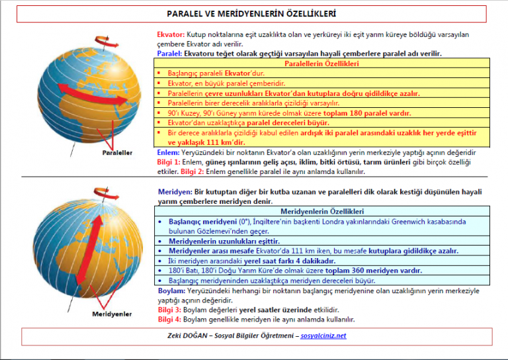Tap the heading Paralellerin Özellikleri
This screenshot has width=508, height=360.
pos(321,64)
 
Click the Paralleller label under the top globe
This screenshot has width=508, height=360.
pos(117,153)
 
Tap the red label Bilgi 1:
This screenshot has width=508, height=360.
pos(168,162)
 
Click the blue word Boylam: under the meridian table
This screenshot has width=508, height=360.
pos(171,291)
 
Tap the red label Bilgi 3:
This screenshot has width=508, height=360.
pos(168,309)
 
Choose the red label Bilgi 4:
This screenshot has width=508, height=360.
pos(168,319)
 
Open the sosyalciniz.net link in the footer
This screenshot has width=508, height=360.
pos(323,336)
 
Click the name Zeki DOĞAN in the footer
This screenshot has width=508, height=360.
pos(188,336)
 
